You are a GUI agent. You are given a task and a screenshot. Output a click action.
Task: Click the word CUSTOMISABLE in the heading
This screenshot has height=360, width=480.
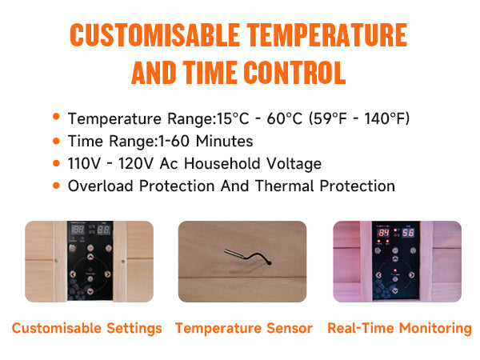point(154,35)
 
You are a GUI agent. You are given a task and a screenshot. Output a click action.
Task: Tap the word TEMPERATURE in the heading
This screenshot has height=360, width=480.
point(327,35)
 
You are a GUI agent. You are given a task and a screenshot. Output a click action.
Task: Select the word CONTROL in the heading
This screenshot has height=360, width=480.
point(294,73)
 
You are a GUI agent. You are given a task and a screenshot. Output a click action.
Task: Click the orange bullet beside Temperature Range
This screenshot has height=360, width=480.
point(56,117)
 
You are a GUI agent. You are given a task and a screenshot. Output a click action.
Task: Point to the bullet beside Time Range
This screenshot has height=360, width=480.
point(56,141)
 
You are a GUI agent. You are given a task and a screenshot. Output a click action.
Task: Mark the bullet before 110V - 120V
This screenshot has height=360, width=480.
point(56,163)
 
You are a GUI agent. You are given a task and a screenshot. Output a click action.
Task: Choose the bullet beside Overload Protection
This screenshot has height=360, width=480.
point(56,186)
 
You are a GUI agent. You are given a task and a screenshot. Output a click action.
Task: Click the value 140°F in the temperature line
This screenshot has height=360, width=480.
point(385,118)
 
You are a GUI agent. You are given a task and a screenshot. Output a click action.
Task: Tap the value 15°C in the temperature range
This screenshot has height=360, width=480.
point(233,118)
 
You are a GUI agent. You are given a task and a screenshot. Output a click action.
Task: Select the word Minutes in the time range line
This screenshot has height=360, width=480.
point(224,141)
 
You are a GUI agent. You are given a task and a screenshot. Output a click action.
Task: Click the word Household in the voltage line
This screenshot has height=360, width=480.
point(222,163)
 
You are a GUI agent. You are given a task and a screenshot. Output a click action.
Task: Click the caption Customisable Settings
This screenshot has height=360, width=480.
point(87,328)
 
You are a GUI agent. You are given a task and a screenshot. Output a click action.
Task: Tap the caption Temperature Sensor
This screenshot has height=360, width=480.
point(244,328)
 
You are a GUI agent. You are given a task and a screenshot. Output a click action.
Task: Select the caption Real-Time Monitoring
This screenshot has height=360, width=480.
point(399,328)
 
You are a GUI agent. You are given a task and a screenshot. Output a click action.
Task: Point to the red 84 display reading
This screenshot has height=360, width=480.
point(383,233)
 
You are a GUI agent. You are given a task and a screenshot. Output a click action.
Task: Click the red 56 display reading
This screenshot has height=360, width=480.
point(408,233)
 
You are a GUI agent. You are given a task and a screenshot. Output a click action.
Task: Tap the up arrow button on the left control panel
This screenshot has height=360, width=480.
point(90,257)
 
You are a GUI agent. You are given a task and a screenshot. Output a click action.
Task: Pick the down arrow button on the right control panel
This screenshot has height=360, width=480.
point(395,291)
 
